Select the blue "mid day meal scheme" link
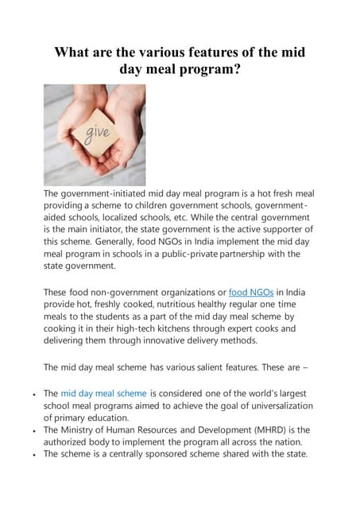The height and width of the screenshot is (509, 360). pos(103,394)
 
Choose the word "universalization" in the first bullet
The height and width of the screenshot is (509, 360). pos(272,406)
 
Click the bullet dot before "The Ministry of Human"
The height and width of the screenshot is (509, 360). pos(31,430)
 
